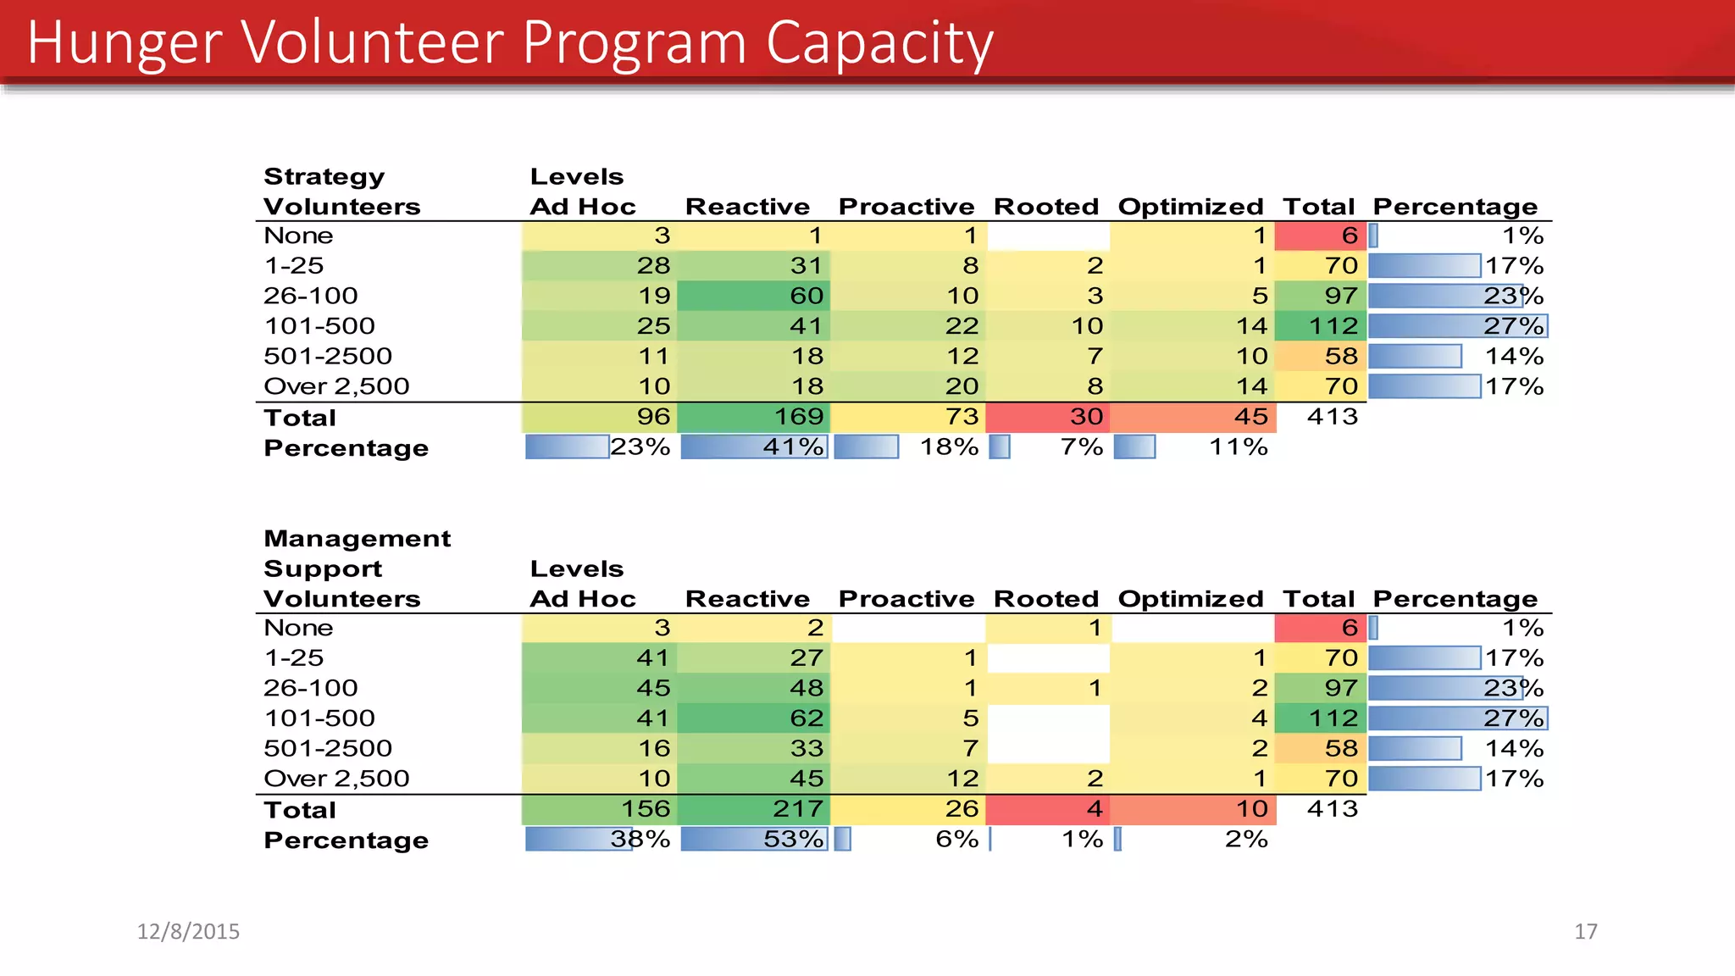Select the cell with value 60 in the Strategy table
[806, 296]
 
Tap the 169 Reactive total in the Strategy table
[798, 416]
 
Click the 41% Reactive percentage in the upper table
[792, 446]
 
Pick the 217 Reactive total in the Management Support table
[797, 808]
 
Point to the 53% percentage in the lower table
[792, 839]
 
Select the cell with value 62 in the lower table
[806, 718]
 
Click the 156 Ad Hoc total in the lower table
[645, 808]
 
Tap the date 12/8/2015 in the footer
[188, 931]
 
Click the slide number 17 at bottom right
[1585, 931]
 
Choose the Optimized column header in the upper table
[1190, 207]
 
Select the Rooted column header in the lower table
[1045, 599]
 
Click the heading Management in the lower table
[357, 539]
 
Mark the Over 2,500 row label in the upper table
[336, 386]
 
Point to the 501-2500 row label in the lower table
[328, 748]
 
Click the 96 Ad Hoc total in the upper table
[652, 416]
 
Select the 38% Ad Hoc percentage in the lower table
[640, 839]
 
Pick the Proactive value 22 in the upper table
[962, 325]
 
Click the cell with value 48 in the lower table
[806, 688]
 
